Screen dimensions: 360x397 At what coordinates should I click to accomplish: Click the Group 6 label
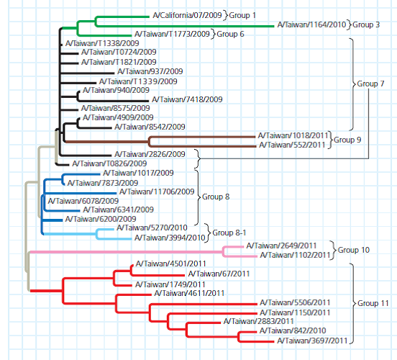pos(231,34)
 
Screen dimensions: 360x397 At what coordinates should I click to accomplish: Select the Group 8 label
pos(216,196)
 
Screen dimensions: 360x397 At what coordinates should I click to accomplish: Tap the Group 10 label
pos(354,251)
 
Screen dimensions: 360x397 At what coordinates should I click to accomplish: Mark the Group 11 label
pos(371,304)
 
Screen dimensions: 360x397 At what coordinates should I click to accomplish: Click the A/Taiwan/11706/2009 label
pos(157,192)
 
